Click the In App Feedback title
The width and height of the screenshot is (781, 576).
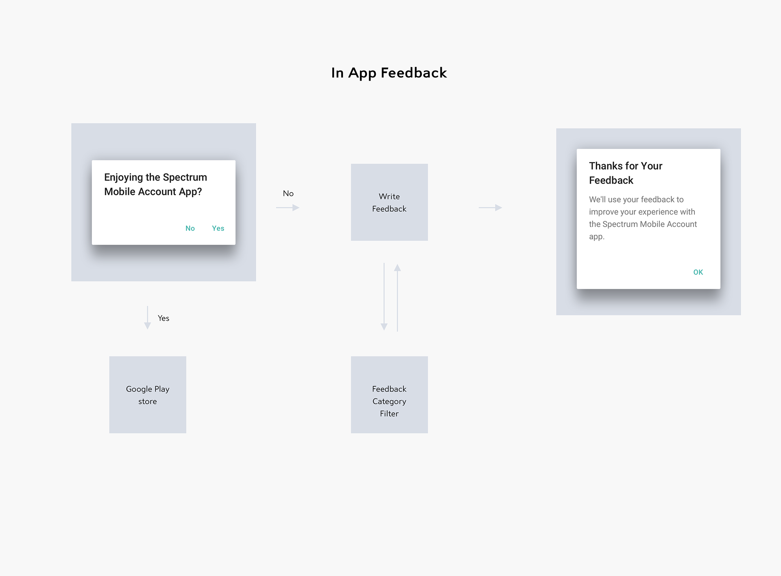[x=389, y=73]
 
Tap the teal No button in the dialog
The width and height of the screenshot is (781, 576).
[x=190, y=228]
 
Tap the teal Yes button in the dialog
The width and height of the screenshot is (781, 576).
[x=218, y=228]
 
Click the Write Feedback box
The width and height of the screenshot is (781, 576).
[x=389, y=202]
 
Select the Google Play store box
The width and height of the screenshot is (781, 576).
[x=148, y=395]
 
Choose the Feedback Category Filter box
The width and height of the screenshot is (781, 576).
[x=389, y=395]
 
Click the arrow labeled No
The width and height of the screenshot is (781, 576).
[x=288, y=208]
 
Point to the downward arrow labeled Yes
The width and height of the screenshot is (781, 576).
[x=148, y=318]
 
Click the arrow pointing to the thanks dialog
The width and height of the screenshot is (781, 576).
[x=490, y=208]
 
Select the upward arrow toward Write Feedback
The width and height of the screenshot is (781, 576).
[x=397, y=298]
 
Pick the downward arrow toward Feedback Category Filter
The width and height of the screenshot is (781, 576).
[x=384, y=297]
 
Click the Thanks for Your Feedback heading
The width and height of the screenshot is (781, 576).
[x=626, y=173]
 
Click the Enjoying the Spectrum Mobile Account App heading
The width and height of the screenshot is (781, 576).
[x=155, y=184]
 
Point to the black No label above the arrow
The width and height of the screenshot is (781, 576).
[x=288, y=193]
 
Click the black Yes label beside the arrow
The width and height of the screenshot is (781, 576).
[x=164, y=318]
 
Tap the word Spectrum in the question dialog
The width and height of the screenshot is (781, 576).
[x=185, y=177]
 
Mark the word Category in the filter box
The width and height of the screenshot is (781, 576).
[x=389, y=401]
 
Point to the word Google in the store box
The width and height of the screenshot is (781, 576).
[x=139, y=389]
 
